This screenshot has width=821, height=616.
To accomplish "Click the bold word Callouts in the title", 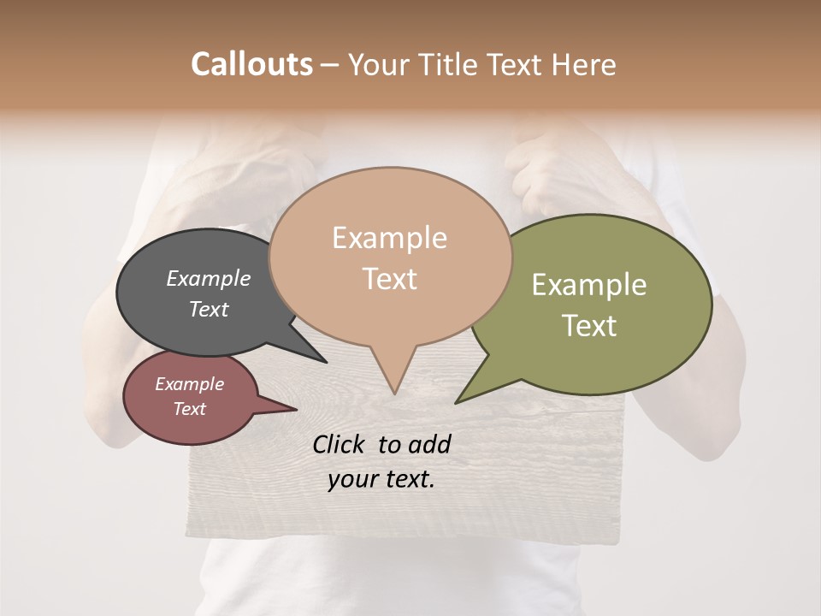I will click(251, 64).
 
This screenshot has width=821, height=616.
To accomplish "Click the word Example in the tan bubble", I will click(389, 238).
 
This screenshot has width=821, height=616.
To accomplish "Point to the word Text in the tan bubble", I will click(389, 279).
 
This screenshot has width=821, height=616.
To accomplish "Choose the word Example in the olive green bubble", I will click(588, 285).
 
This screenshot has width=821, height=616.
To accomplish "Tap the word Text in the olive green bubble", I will click(588, 326).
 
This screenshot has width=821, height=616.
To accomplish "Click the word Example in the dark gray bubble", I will click(208, 279).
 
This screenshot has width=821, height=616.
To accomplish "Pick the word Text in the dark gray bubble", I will click(208, 309).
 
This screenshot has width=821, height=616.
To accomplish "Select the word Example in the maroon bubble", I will click(189, 384).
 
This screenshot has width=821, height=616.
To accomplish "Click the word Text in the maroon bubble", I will click(189, 409).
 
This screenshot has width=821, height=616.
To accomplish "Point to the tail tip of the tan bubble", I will click(394, 394).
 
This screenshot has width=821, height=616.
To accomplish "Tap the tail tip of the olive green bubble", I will click(456, 402).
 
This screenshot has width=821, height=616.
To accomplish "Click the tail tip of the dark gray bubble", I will click(326, 362).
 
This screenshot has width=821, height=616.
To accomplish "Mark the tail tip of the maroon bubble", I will click(296, 409).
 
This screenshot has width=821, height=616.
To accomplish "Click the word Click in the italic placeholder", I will click(340, 444).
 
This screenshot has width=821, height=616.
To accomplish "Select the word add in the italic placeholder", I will click(430, 444).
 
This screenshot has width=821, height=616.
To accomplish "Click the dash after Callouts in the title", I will click(330, 65).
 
